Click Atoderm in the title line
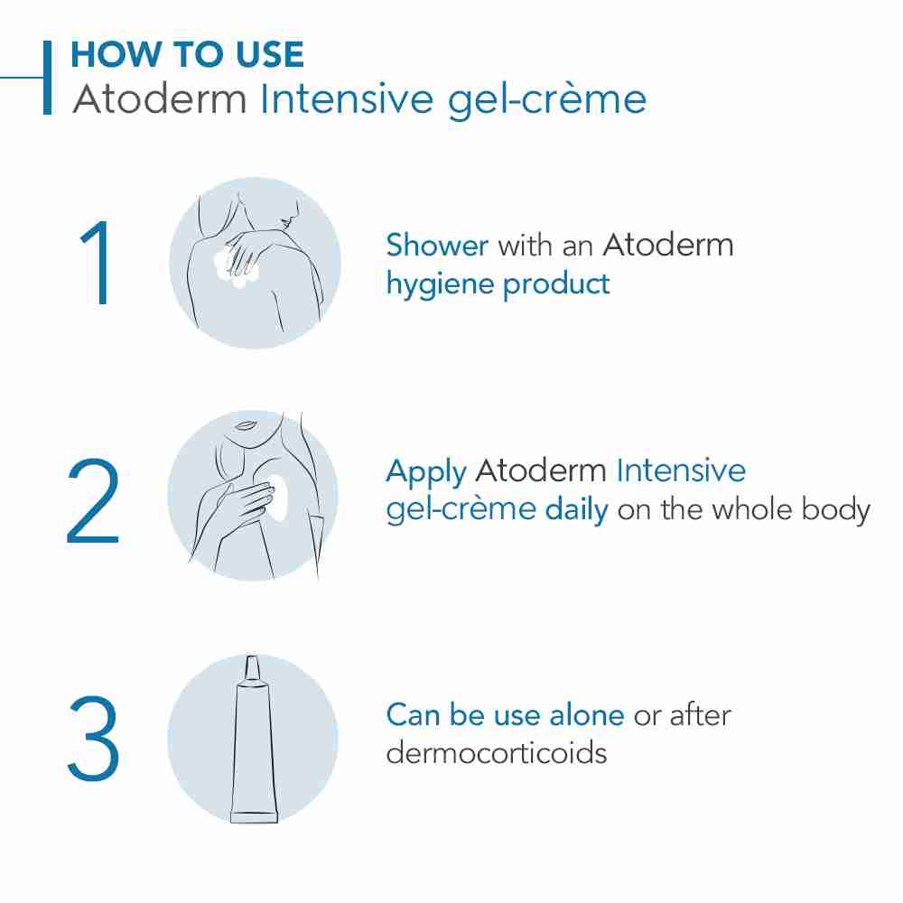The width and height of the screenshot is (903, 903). [x=159, y=99]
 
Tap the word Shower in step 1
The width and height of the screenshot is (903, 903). [x=437, y=245]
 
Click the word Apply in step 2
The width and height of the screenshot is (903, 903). [x=425, y=472]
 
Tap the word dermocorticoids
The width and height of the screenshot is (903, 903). [x=496, y=753]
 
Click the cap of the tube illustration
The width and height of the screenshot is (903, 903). [x=252, y=668]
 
